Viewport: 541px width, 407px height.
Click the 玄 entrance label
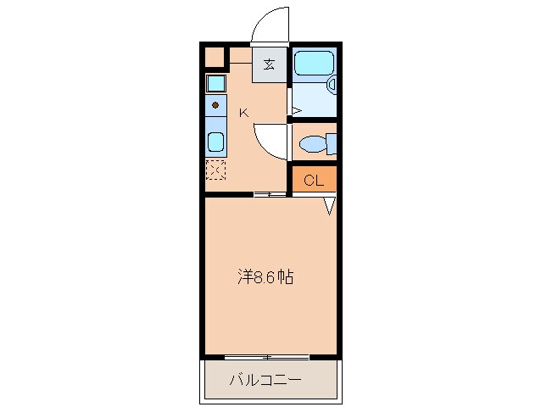(x=269, y=64)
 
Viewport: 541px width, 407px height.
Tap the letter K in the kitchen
(x=243, y=112)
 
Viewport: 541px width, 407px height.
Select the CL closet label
(x=314, y=180)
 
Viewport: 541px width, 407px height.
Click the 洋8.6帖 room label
(x=265, y=276)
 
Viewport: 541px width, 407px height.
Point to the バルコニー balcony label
(x=265, y=379)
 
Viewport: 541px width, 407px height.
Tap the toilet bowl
(x=313, y=143)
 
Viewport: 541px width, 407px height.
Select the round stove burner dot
(x=215, y=105)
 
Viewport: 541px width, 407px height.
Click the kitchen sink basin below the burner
(x=215, y=142)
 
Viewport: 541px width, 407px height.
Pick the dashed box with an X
(x=215, y=170)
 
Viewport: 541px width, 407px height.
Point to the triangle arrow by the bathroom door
(x=296, y=109)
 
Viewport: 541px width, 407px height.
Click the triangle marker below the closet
(x=330, y=205)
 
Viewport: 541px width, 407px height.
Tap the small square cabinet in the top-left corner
(x=215, y=58)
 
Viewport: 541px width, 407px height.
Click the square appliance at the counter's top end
(x=215, y=83)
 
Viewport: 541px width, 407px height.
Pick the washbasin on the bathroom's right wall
(x=332, y=84)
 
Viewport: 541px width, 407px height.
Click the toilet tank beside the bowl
(x=331, y=143)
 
